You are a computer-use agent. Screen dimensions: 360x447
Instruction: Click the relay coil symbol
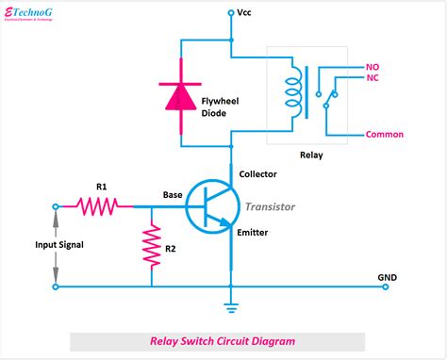click(x=293, y=92)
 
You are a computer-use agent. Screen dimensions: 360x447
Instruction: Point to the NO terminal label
click(x=372, y=67)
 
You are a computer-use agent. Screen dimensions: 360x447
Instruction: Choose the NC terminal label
click(x=372, y=81)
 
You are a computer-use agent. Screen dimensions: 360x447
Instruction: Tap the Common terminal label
click(x=384, y=135)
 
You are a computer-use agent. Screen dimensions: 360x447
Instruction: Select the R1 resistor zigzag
click(x=98, y=205)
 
